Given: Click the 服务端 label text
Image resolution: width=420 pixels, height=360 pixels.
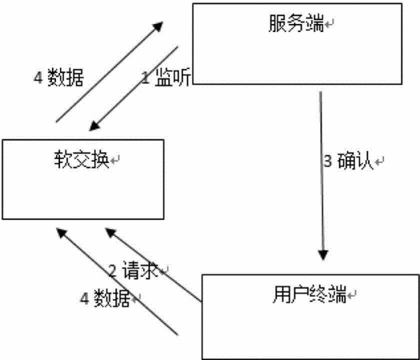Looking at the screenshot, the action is (296, 23).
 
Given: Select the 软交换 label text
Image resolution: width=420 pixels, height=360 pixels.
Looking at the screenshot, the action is (82, 159).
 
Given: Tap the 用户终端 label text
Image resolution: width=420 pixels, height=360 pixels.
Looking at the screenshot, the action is (310, 294).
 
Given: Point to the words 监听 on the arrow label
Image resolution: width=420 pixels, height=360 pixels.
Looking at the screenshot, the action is (173, 77).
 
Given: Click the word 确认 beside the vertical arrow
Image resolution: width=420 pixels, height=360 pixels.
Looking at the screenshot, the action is (355, 161).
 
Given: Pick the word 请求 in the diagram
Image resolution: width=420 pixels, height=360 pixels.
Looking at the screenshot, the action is (140, 270).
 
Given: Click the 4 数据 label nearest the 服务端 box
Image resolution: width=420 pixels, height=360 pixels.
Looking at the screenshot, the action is (59, 78).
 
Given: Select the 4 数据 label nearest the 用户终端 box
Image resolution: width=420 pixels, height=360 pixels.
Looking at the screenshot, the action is (106, 298).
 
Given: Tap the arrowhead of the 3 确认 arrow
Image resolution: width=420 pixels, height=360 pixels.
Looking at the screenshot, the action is (323, 255).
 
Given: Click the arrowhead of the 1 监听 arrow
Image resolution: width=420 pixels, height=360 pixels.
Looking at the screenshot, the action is (94, 126).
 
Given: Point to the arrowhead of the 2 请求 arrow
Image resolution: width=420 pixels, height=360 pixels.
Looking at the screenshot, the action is (110, 232).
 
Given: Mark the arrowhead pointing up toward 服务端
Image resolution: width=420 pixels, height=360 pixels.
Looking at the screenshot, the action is (158, 26).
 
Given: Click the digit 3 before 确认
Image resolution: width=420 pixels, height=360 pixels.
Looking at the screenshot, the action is (328, 162).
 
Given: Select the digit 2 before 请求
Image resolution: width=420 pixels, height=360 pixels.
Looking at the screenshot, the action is (113, 270).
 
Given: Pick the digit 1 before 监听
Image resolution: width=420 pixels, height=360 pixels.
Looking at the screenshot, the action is (146, 78).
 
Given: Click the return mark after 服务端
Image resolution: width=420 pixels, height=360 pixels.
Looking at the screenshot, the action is (329, 23).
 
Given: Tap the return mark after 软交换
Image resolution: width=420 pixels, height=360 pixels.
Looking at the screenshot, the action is (115, 160).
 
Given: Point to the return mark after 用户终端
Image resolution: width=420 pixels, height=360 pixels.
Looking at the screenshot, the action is (351, 295).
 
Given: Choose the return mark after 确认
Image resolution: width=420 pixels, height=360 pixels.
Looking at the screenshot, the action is (379, 162).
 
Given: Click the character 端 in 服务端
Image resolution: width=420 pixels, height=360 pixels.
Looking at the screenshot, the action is (315, 23).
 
